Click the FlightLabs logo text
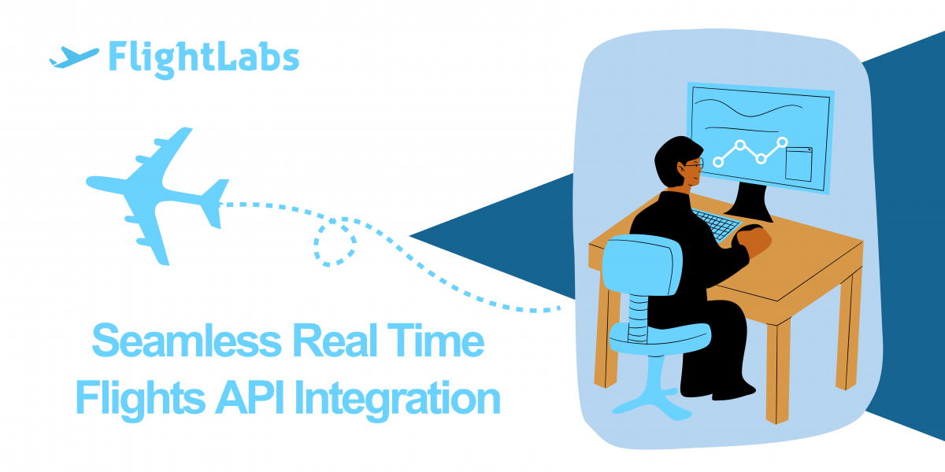(x=204, y=59)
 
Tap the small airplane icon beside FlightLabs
(x=74, y=57)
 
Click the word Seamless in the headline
(x=187, y=341)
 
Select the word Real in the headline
(x=335, y=340)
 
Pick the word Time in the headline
(x=435, y=340)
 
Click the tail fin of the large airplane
(x=215, y=203)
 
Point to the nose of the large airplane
(x=90, y=182)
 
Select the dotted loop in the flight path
(x=335, y=243)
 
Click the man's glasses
(x=694, y=164)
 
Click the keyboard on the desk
(x=717, y=225)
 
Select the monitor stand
(x=750, y=203)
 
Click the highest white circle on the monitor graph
(x=783, y=142)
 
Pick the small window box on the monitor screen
(x=799, y=164)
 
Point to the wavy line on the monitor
(x=748, y=109)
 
